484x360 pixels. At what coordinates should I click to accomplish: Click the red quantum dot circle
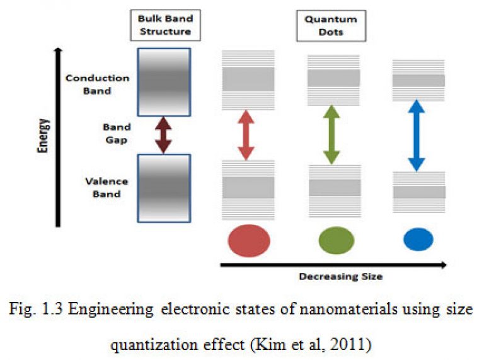[249, 240]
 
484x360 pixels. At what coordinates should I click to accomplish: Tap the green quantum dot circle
[336, 240]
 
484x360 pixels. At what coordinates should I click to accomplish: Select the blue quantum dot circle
[418, 240]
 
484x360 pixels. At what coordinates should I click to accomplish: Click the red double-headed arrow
[246, 135]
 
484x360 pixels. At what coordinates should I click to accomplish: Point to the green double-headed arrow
[331, 135]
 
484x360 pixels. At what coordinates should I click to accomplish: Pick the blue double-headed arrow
[417, 135]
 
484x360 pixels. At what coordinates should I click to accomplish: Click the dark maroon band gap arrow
[163, 135]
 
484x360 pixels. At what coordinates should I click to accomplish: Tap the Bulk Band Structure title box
[166, 25]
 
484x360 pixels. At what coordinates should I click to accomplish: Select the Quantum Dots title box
[331, 26]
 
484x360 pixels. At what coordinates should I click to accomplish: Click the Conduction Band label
[97, 84]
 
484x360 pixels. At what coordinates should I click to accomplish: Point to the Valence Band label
[107, 187]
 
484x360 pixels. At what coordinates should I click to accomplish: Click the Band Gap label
[117, 134]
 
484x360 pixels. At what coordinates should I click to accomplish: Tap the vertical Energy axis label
[43, 136]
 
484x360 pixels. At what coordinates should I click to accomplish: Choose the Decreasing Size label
[341, 276]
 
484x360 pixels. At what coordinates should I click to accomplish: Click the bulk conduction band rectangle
[164, 82]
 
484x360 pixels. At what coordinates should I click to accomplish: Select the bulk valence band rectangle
[164, 189]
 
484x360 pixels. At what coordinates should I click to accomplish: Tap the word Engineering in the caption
[111, 310]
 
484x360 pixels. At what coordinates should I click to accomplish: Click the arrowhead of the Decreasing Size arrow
[444, 265]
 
